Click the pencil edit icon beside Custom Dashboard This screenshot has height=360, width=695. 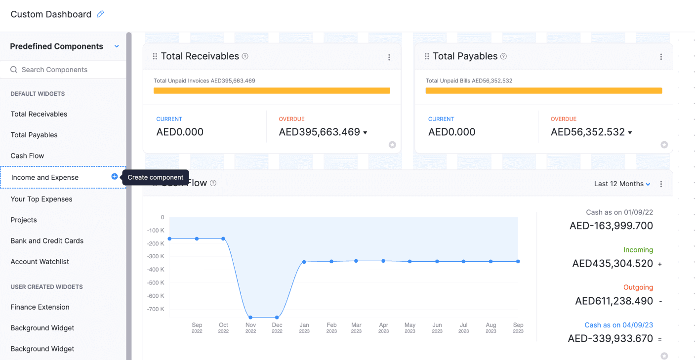[100, 14]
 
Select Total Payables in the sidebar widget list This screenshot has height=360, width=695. [34, 135]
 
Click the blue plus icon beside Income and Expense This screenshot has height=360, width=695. [115, 177]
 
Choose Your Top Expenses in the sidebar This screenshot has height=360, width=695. [41, 199]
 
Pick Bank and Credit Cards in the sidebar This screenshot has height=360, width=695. [47, 241]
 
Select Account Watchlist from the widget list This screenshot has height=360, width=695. [40, 262]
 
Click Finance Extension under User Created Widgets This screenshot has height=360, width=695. [40, 307]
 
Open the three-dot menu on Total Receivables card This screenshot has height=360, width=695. [389, 57]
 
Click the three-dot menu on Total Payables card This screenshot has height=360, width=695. [661, 57]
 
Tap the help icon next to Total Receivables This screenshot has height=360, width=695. [245, 56]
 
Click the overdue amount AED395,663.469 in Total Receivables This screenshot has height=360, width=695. [320, 132]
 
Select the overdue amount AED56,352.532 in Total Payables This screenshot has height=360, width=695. [588, 132]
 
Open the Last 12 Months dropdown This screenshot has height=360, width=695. [622, 184]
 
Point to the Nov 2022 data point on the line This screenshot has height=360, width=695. [250, 317]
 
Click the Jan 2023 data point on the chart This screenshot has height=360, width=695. [304, 262]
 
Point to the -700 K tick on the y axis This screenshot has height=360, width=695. [156, 309]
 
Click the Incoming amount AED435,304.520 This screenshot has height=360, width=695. [613, 264]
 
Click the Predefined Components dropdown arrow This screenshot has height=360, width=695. [117, 46]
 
